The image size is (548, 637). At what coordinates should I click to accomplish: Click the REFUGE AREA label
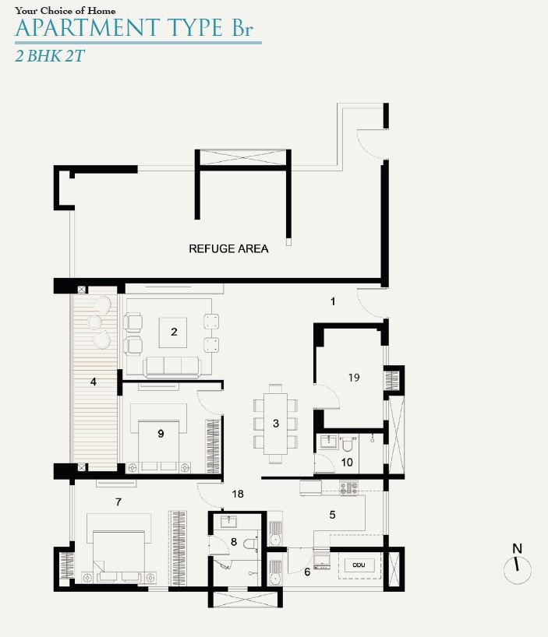point(228,248)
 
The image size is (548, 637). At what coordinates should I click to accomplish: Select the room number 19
point(354,378)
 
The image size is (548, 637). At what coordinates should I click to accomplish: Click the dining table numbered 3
point(276,424)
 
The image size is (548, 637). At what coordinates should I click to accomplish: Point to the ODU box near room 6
point(359,565)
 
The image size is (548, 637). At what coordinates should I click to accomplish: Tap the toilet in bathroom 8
point(250,544)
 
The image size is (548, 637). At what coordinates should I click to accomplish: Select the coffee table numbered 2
point(173,333)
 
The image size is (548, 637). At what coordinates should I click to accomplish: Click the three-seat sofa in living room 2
point(172,367)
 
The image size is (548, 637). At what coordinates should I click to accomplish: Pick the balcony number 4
point(94,382)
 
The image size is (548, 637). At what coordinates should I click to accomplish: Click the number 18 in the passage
point(238,494)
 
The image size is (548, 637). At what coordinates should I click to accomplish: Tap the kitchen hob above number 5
point(348,487)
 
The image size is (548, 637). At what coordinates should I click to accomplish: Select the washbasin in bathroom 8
point(228,521)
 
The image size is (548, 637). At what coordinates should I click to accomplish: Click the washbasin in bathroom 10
point(328,442)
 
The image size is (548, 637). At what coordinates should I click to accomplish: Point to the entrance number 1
point(333,301)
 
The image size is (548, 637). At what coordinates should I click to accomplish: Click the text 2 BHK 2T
point(50,56)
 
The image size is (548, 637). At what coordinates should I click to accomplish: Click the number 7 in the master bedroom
point(118,502)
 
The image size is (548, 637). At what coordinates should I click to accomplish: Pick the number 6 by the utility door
point(307,572)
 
